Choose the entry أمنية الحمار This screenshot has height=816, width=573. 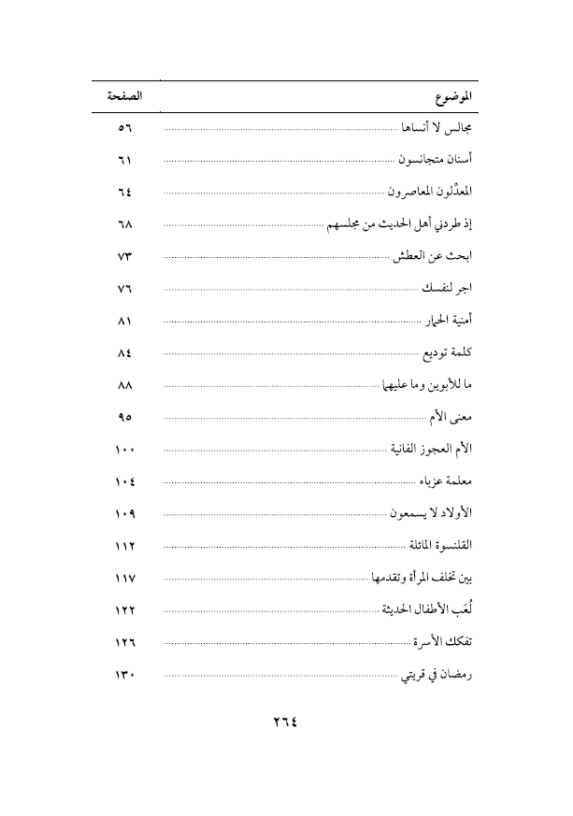pyautogui.click(x=448, y=321)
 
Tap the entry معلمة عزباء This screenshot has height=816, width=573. pyautogui.click(x=444, y=481)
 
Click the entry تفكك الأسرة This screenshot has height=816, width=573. pyautogui.click(x=443, y=642)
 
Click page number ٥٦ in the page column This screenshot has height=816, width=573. pyautogui.click(x=125, y=127)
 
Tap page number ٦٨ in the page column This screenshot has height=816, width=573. pyautogui.click(x=125, y=224)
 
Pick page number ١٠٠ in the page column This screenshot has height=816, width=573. pyautogui.click(x=125, y=450)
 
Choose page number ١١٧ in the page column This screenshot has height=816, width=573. pyautogui.click(x=125, y=579)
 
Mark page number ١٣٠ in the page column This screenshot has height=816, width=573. pyautogui.click(x=125, y=675)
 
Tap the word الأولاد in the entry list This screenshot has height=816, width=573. pyautogui.click(x=456, y=513)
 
